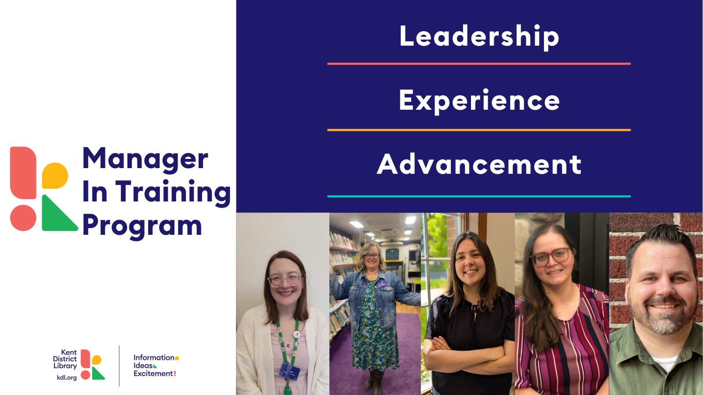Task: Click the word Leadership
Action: click(479, 36)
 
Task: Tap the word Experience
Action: click(479, 101)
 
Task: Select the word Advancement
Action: click(479, 164)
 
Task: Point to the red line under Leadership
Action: click(479, 64)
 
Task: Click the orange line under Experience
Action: click(479, 130)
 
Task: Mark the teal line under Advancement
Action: click(479, 196)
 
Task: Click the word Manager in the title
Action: click(145, 159)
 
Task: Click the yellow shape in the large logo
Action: click(55, 176)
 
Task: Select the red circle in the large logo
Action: click(23, 218)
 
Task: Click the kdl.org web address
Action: click(66, 377)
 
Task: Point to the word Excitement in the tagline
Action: click(153, 373)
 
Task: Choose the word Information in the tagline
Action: click(154, 357)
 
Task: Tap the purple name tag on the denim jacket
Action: click(382, 284)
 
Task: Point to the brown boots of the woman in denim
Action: click(374, 381)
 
